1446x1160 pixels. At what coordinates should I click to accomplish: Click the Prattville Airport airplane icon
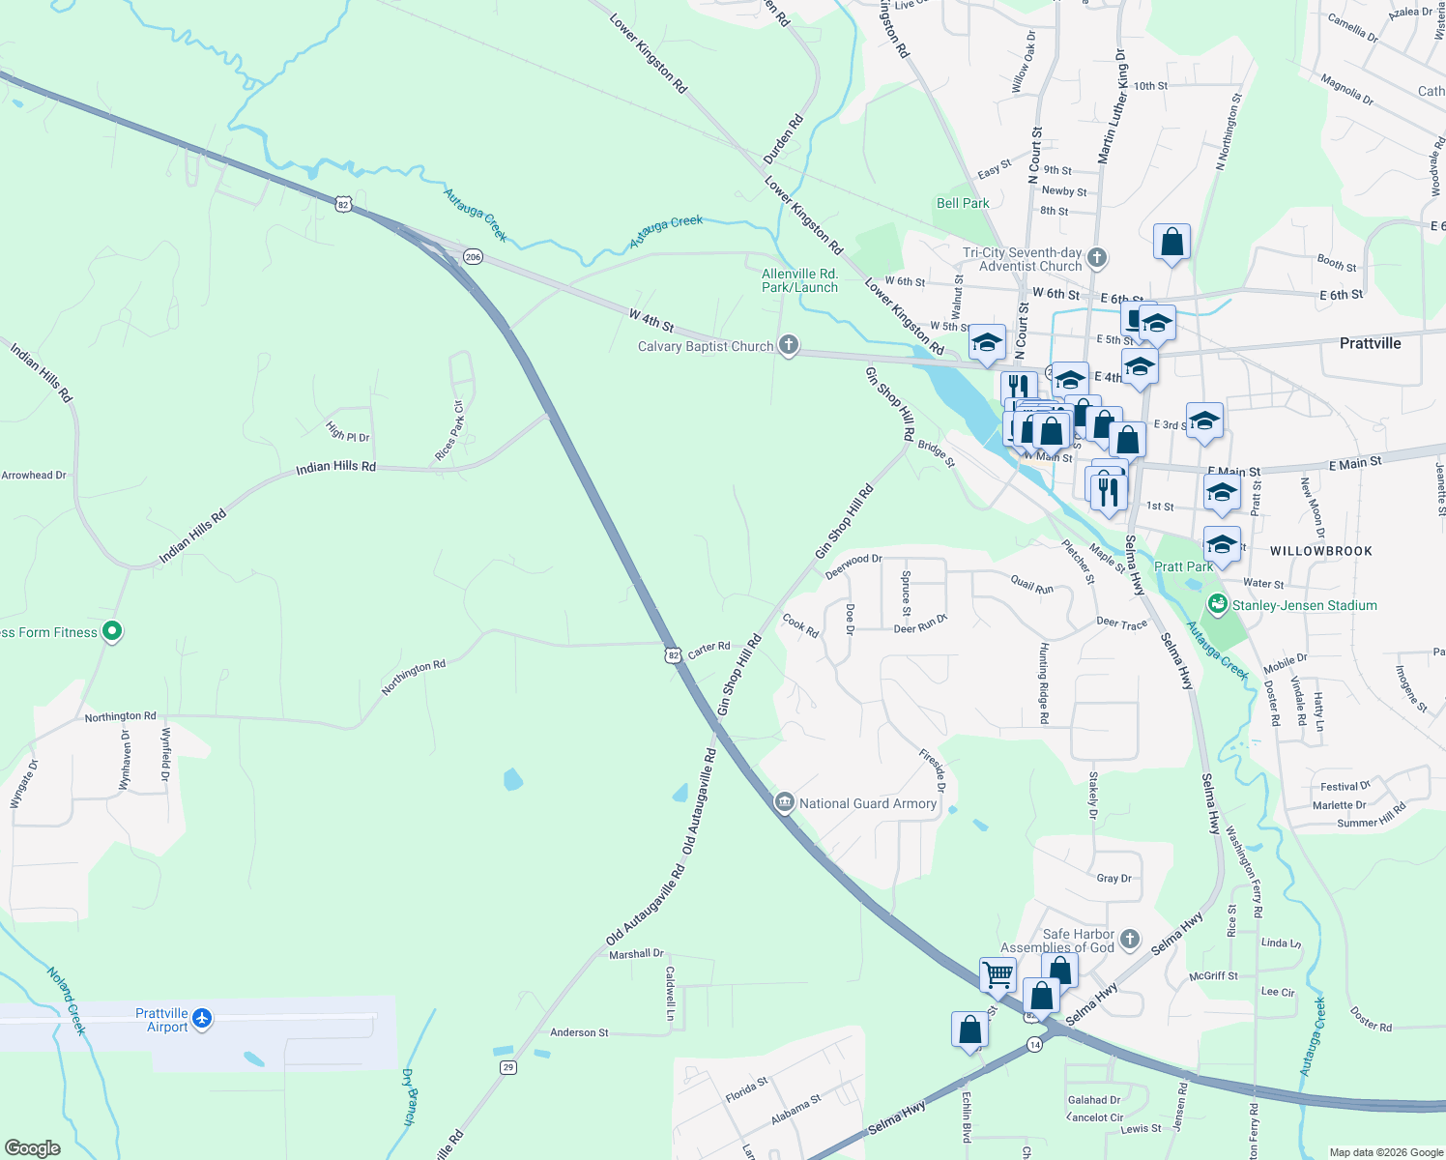point(201,1018)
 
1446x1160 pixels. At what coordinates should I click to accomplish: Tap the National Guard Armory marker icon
point(785,801)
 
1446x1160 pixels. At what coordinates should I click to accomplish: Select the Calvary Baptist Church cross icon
point(789,345)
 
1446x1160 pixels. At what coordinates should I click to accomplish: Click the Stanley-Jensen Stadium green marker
point(1218,604)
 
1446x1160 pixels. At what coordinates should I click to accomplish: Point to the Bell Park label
point(963,203)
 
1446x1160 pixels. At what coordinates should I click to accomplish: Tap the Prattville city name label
point(1370,343)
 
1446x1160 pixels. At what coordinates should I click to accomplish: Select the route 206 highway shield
point(473,257)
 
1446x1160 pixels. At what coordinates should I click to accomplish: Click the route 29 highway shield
point(507,1067)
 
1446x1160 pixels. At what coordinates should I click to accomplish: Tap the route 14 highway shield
point(1035,1045)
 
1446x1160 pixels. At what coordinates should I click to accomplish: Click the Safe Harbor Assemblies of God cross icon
point(1130,940)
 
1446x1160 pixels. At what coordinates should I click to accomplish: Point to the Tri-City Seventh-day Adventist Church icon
point(1096,258)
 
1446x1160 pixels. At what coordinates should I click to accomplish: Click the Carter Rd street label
point(709,649)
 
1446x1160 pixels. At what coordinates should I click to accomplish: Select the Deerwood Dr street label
point(853,565)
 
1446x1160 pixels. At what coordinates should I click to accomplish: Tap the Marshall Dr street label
point(636,954)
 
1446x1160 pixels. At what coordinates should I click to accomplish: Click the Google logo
point(33,1148)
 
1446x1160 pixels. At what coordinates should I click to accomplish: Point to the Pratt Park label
point(1183,566)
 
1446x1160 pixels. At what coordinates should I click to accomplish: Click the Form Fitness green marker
point(112,632)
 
